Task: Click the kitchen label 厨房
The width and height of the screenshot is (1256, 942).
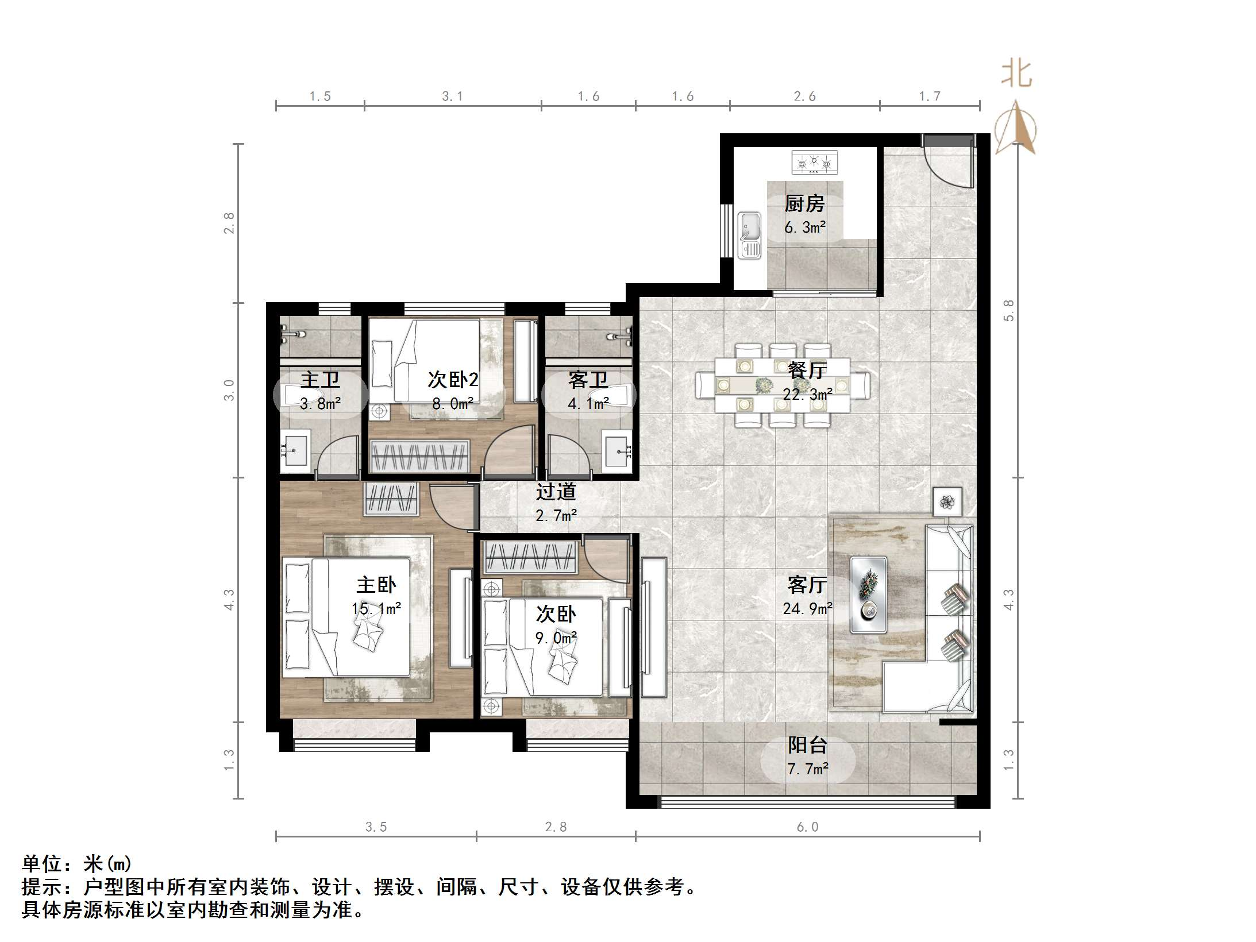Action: pyautogui.click(x=804, y=203)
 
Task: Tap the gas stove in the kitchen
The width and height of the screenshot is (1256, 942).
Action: pyautogui.click(x=814, y=162)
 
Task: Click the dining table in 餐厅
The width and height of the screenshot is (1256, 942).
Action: pyautogui.click(x=782, y=385)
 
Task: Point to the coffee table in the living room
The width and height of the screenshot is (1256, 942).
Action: pyautogui.click(x=869, y=594)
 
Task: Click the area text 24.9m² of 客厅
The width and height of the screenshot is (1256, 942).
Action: pyautogui.click(x=807, y=608)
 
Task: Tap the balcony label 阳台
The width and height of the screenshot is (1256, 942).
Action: pyautogui.click(x=807, y=745)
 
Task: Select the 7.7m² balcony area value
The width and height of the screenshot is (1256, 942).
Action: pyautogui.click(x=807, y=769)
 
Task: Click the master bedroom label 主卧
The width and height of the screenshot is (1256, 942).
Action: pyautogui.click(x=376, y=585)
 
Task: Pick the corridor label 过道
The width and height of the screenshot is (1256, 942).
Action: pyautogui.click(x=556, y=492)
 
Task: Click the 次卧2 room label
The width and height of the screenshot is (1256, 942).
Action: pyautogui.click(x=453, y=380)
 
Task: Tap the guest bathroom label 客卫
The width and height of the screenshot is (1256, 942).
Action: pyautogui.click(x=588, y=380)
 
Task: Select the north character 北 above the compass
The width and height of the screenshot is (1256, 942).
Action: pyautogui.click(x=1016, y=75)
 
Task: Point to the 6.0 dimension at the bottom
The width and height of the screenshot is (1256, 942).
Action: pyautogui.click(x=807, y=827)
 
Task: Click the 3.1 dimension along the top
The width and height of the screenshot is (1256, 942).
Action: pyautogui.click(x=452, y=96)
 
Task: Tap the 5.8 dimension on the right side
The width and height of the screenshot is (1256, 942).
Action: pyautogui.click(x=1009, y=310)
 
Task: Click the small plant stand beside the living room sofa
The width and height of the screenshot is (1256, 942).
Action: pyautogui.click(x=947, y=502)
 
